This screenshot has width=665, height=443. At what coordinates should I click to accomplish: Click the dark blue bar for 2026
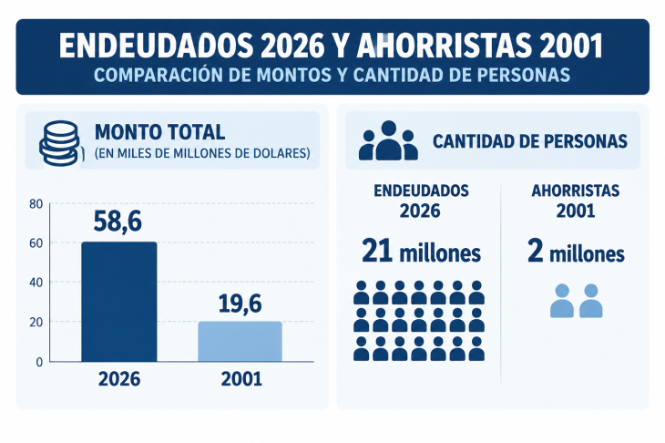point(119,302)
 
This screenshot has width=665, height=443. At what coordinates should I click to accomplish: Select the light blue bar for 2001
point(240,342)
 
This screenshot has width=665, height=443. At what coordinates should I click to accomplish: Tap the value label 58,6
point(118,221)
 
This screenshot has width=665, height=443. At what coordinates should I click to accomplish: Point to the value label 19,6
point(240,304)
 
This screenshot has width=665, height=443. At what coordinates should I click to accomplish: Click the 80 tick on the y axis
point(36,204)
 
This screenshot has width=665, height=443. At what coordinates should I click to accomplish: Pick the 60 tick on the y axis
point(36,243)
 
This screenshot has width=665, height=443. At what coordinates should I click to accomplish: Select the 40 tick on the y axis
point(36,283)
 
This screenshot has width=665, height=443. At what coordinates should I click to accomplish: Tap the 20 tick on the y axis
point(36,322)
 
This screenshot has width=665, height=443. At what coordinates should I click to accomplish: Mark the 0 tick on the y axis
point(39,362)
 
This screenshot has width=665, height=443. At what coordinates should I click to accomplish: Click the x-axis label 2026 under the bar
point(119,379)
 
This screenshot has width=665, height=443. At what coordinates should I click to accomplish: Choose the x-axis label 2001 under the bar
point(241,379)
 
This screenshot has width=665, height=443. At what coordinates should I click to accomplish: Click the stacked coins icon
point(59,143)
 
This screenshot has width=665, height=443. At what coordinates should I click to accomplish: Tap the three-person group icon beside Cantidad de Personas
point(388,140)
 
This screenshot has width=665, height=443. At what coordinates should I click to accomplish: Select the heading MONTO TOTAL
point(160,132)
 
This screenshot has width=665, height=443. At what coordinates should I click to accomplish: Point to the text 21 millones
point(421,252)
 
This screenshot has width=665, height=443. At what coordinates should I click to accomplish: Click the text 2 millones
point(576,252)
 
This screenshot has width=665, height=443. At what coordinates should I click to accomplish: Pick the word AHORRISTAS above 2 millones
point(576,191)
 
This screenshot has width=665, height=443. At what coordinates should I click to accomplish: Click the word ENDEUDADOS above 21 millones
point(421,191)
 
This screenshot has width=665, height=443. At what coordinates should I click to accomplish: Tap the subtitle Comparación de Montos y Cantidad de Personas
point(332,75)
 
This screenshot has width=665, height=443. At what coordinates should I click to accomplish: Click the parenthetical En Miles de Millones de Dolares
point(202,153)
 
